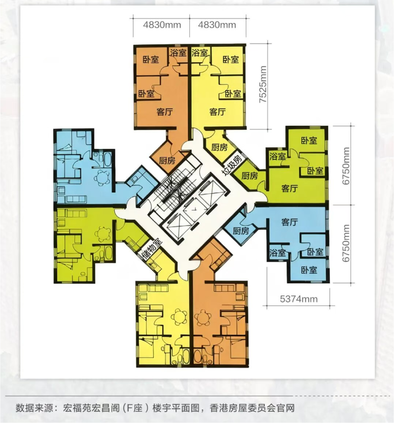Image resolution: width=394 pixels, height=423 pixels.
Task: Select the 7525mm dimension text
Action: (263, 84)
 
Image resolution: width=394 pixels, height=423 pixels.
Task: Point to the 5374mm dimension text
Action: (298, 299)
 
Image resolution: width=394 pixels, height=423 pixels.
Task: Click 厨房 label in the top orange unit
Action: (167, 161)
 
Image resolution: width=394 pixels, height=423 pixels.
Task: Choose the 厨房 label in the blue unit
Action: (241, 231)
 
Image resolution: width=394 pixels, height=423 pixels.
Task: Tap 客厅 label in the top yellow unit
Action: (217, 112)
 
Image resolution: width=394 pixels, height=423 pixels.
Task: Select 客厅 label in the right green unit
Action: (289, 188)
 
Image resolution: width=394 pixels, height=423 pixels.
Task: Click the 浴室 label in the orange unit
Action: (178, 53)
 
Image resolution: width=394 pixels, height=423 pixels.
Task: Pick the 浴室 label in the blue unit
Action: (277, 253)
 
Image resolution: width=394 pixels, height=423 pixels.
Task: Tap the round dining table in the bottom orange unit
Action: (203, 318)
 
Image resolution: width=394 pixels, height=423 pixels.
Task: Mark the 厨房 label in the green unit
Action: (249, 176)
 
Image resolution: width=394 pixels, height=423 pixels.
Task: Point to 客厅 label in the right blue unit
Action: (289, 222)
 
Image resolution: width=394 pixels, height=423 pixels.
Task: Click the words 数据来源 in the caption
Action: (34, 408)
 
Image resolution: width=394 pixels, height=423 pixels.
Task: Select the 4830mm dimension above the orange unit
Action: (162, 25)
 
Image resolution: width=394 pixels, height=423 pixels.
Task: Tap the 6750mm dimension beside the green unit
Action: (346, 166)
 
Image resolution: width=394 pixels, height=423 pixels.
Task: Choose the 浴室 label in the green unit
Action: (277, 156)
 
